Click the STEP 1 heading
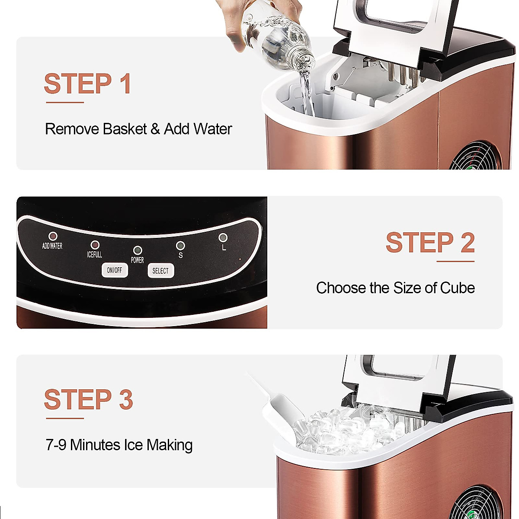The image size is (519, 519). click(88, 83)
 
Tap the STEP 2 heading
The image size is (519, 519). click(430, 242)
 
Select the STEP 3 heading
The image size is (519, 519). click(88, 399)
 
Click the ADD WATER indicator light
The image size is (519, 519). click(53, 236)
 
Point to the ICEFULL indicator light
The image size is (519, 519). click(95, 245)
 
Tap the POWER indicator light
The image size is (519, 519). click(138, 250)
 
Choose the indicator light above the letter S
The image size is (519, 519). click(180, 246)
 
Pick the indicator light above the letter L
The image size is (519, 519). click(223, 237)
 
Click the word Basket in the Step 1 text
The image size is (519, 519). click(125, 129)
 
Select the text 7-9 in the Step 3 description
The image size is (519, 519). click(56, 445)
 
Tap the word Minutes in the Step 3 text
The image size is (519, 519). click(95, 445)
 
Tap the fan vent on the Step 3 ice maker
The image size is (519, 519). click(482, 502)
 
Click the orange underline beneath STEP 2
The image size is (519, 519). click(455, 261)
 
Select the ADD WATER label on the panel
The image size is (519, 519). click(52, 246)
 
